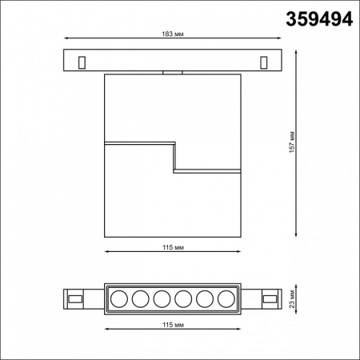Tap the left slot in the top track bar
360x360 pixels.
pos(82,61)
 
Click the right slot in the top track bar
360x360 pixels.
pos(265,61)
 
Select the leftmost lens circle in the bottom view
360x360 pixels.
pos(118,299)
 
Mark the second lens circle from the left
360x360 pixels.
pos(139,299)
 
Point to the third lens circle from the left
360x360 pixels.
pos(162,299)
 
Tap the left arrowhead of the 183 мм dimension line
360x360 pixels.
pos(65,37)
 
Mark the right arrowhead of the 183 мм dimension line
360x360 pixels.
pos(282,37)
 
